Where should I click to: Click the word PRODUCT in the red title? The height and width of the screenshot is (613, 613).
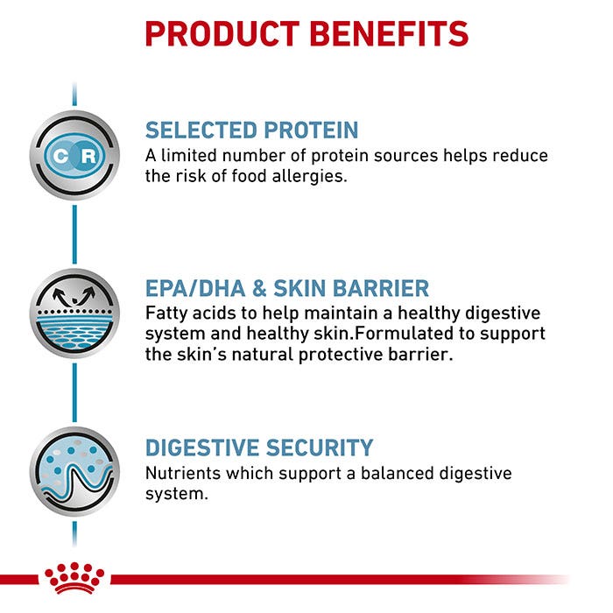[x=222, y=33]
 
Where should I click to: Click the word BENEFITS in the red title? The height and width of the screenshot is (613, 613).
[x=389, y=33]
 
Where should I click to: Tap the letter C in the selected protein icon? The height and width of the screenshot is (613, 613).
[x=60, y=156]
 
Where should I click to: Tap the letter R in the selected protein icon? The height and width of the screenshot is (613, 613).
[x=88, y=156]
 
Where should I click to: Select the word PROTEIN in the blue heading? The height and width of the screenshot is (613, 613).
[x=311, y=130]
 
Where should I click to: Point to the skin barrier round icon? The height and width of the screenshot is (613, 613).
[x=74, y=314]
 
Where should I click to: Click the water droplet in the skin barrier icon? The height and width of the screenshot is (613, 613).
[x=74, y=300]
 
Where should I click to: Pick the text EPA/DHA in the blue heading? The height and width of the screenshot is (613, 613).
[x=195, y=288]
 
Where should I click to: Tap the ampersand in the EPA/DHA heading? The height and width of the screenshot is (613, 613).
[x=259, y=288]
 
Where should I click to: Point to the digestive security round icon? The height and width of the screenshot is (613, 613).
[x=74, y=471]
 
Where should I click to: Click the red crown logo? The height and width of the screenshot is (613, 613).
[x=74, y=578]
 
